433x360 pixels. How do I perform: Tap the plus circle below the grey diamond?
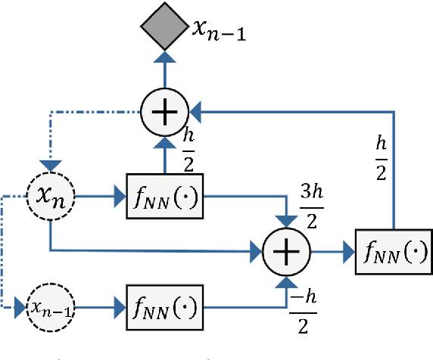pyautogui.click(x=165, y=112)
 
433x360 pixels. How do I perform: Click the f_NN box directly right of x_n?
pyautogui.click(x=166, y=198)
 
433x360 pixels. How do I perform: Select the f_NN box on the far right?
pyautogui.click(x=393, y=250)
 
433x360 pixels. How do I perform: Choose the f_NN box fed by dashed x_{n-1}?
pyautogui.click(x=166, y=308)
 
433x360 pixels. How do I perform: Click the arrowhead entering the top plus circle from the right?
pyautogui.click(x=196, y=112)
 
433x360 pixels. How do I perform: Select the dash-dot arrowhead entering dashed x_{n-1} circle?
pyautogui.click(x=20, y=308)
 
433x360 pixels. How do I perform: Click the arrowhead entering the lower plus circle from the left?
pyautogui.click(x=256, y=250)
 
